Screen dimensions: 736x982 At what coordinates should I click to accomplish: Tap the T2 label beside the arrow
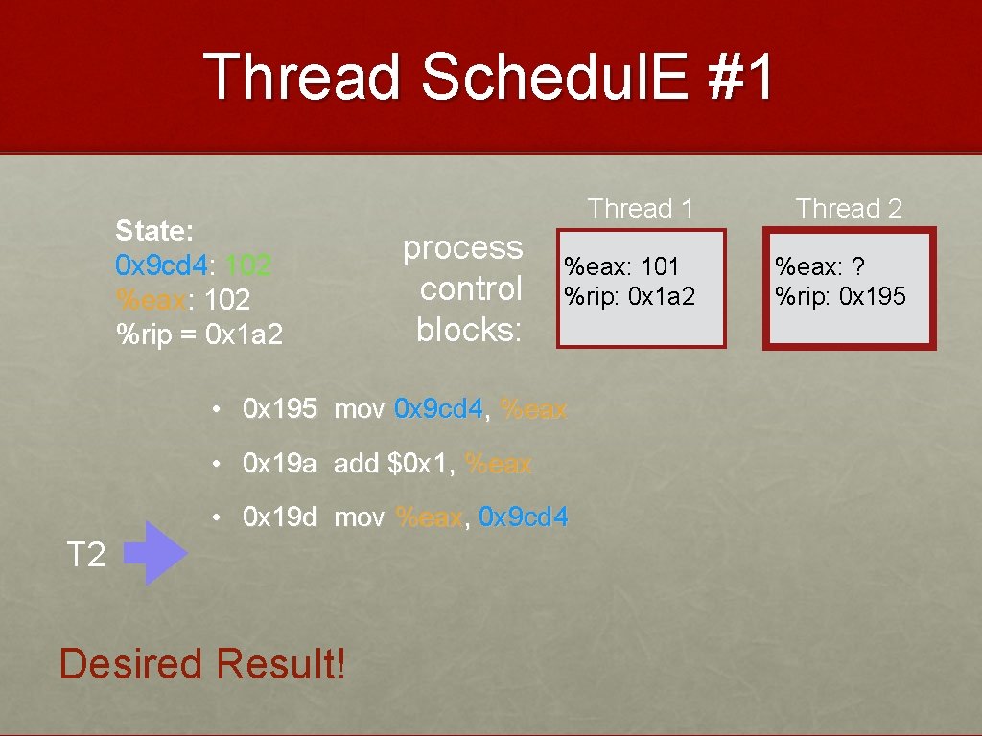coord(85,554)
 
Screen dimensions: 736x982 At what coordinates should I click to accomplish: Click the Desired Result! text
coord(202,663)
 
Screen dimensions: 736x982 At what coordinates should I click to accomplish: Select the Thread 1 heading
coord(641,208)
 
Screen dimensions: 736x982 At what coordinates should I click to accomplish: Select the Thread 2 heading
coord(849,208)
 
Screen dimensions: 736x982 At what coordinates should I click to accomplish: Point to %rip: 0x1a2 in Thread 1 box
coord(629,295)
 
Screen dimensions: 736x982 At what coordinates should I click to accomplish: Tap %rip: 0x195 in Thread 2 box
coord(840,295)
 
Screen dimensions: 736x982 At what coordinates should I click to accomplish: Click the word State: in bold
coord(154,231)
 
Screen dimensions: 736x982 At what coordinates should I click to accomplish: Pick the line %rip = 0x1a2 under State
coord(199,335)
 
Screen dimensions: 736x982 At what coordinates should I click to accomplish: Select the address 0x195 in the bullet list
coord(279,409)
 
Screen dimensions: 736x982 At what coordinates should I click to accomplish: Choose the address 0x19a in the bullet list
coord(279,464)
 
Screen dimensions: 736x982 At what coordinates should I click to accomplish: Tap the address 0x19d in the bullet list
coord(279,517)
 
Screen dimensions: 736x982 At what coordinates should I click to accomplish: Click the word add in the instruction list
coord(356,464)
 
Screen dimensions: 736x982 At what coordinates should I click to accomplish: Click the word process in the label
coord(462,247)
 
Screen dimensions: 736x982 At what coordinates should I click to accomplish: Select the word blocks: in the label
coord(469,329)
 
